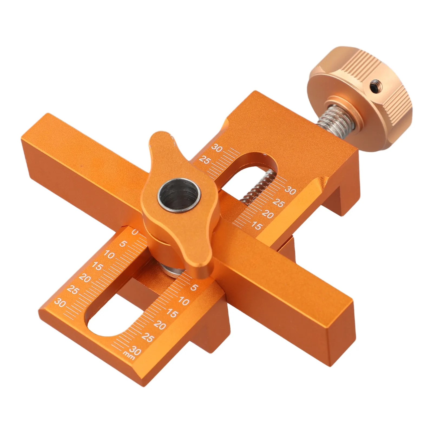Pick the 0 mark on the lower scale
coord(135,232)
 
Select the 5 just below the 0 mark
coord(123,244)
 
